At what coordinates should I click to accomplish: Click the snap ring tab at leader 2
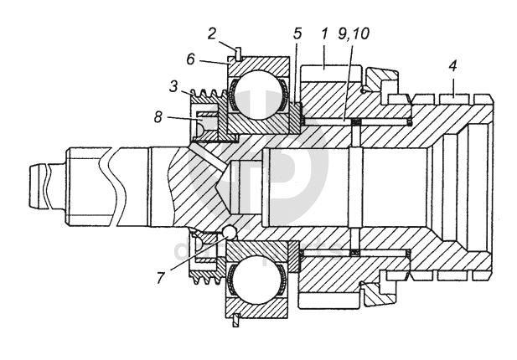pyautogui.click(x=238, y=56)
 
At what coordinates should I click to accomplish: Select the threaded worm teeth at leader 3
pyautogui.click(x=204, y=95)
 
